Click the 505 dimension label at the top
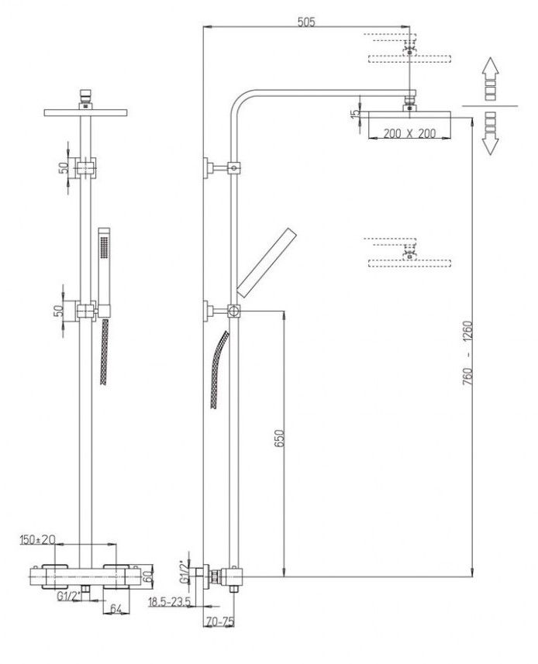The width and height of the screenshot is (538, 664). (x=306, y=21)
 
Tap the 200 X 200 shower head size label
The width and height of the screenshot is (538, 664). (x=409, y=133)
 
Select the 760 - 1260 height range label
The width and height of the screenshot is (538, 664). (x=467, y=353)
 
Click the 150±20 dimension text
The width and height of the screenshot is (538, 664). (x=38, y=539)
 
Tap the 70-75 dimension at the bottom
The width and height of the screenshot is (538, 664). (x=220, y=621)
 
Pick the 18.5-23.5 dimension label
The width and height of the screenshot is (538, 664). (x=170, y=601)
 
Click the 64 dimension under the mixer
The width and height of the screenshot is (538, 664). (x=116, y=608)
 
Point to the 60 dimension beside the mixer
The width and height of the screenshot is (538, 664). (x=147, y=576)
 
